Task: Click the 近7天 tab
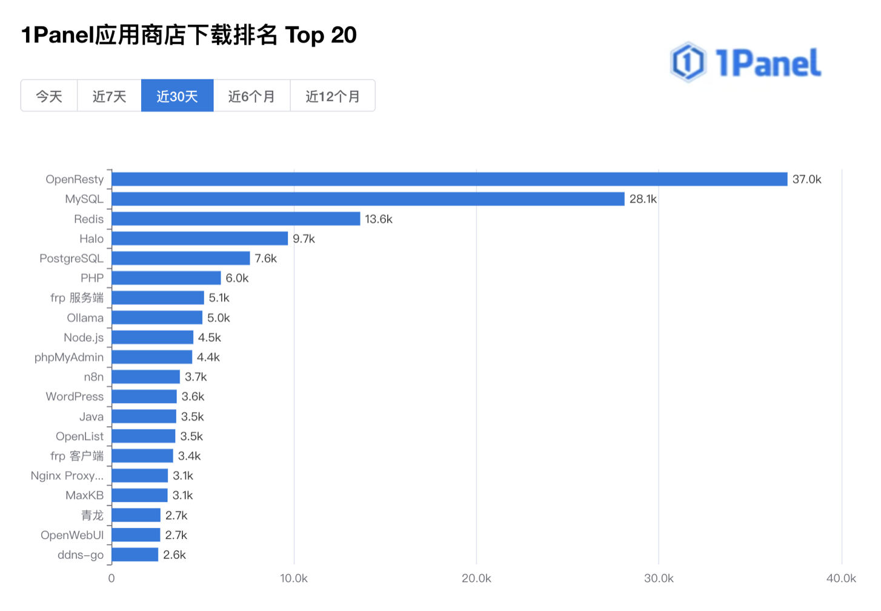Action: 109,96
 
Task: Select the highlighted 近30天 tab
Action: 177,96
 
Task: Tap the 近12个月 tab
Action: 333,96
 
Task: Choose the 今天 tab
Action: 49,96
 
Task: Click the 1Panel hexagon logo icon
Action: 688,62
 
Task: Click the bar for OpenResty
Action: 449,179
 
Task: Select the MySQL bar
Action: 368,199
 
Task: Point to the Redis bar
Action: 236,219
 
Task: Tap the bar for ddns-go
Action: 135,555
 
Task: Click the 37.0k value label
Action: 806,179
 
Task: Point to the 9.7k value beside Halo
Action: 304,239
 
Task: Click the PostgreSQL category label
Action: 71,258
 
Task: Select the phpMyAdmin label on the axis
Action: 69,357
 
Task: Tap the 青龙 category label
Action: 92,515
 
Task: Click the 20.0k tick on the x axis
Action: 476,578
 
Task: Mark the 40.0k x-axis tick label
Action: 841,578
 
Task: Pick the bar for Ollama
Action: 157,318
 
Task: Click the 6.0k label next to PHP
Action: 237,278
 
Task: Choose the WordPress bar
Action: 144,396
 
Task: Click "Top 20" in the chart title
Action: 321,35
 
